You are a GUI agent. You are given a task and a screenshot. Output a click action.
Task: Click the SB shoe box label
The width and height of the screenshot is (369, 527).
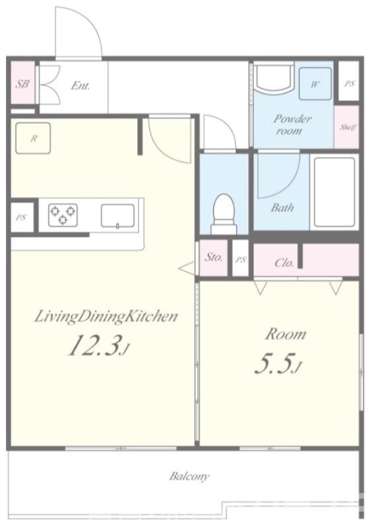(x=22, y=84)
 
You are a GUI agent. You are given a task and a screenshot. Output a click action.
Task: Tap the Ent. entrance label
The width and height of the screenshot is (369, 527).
(x=80, y=86)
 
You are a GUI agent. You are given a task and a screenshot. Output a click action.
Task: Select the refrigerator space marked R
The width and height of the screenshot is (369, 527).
(x=33, y=138)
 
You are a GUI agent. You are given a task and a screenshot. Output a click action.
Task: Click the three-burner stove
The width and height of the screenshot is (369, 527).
(x=63, y=215)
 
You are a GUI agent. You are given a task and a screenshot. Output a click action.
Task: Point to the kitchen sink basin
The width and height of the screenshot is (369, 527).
(x=118, y=216)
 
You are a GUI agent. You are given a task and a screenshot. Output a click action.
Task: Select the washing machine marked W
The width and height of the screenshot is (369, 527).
(x=315, y=84)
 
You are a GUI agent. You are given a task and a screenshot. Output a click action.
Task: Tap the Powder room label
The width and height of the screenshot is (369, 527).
(x=292, y=125)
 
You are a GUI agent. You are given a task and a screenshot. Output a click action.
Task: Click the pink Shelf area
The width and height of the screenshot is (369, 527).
(x=346, y=127)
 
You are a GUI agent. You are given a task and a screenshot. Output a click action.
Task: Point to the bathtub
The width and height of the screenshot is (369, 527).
(x=334, y=192)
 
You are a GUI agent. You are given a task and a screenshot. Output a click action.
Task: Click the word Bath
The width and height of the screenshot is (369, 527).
(x=282, y=208)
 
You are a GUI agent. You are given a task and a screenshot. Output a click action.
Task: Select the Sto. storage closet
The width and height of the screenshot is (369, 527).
(x=214, y=258)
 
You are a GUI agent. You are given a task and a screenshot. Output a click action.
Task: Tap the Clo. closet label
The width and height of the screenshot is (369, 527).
(x=285, y=262)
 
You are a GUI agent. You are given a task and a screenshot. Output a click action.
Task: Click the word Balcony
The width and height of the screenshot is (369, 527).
(x=189, y=476)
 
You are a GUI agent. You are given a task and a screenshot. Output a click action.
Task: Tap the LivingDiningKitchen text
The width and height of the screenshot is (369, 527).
(x=106, y=317)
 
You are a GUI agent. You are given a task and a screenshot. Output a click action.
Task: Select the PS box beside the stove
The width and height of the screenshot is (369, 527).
(x=22, y=217)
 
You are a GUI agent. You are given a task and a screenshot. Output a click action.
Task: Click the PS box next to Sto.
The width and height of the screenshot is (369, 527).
(x=240, y=259)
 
